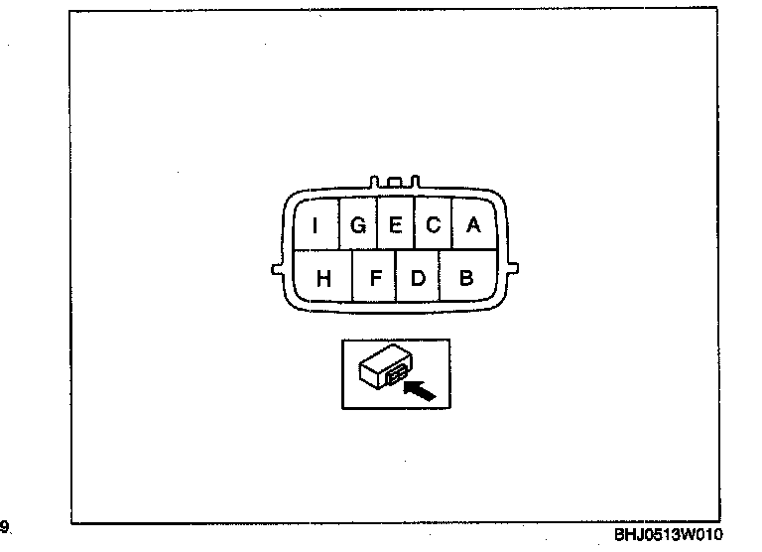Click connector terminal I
point(316,225)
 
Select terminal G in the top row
point(358,225)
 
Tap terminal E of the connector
point(395,225)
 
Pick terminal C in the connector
point(434,225)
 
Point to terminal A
point(473,225)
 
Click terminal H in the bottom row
point(323,278)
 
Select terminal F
point(375,278)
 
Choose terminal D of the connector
point(418,278)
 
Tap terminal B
point(466,278)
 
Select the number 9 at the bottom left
point(5,526)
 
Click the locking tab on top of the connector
point(396,183)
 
